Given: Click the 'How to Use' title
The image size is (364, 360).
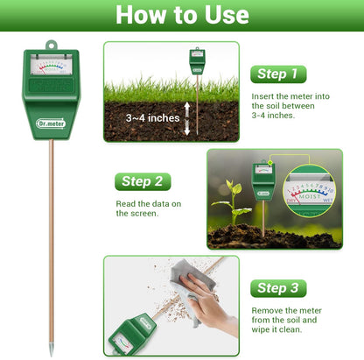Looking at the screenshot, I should [x=182, y=15].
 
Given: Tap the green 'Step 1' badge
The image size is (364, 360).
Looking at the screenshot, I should [x=278, y=74].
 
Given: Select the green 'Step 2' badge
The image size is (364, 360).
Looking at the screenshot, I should [x=143, y=181].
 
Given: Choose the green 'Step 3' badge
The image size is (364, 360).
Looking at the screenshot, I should [x=279, y=288].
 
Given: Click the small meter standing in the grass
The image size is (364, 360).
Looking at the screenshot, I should [x=197, y=64].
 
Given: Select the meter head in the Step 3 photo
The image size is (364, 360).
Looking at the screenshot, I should [x=131, y=331].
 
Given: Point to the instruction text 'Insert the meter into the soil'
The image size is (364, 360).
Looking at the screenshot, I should [x=290, y=104].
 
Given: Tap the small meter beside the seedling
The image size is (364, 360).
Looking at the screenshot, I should [x=262, y=180].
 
